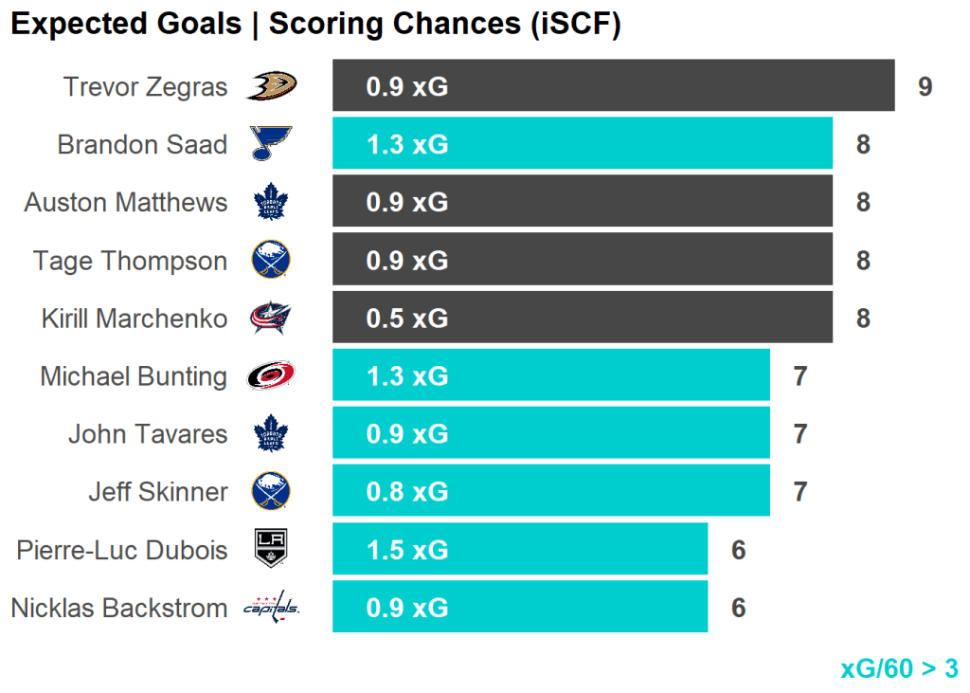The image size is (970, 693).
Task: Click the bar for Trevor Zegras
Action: pos(613,86)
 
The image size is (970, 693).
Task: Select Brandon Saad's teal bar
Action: pos(582,144)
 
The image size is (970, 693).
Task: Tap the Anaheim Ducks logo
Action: pos(271,86)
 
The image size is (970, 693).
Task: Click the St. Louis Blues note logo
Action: pos(271,144)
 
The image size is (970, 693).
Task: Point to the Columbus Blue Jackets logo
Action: pos(271,319)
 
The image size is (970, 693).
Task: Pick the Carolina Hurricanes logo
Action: pos(271,376)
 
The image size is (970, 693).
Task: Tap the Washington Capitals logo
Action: pos(271,608)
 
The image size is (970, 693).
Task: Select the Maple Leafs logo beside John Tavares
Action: pos(271,434)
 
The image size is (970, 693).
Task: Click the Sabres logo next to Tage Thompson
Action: pos(271,260)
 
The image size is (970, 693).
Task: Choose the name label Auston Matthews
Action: pos(126,202)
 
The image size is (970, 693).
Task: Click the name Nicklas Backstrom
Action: pos(119,608)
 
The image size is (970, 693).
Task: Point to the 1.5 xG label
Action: pos(407,550)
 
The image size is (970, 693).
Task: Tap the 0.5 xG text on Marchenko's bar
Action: pos(407,319)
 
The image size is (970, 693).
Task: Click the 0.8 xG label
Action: pos(407,492)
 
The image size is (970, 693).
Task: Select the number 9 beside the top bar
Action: pos(925,87)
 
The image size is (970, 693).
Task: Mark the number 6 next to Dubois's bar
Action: pos(738,550)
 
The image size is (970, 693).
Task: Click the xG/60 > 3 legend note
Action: pos(898,668)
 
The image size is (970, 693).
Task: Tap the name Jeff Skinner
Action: pos(157,492)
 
